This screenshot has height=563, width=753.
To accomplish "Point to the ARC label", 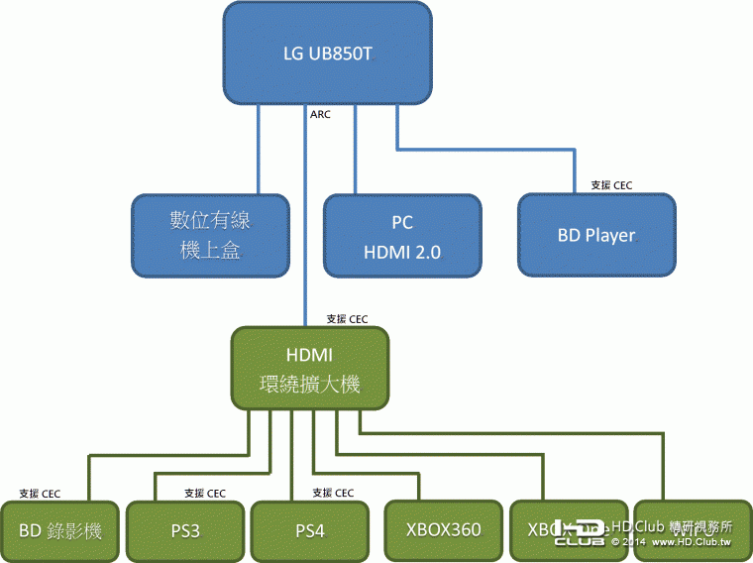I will click(320, 114).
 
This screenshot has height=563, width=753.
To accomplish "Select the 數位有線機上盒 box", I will click(211, 234).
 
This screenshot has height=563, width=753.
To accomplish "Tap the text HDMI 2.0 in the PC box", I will click(402, 253).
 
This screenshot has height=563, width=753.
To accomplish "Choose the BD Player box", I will click(596, 235).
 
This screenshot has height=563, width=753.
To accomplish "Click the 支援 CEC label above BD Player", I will click(610, 184).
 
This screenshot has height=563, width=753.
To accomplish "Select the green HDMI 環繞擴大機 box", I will click(310, 368).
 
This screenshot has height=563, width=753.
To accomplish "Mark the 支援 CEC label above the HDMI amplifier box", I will click(348, 319).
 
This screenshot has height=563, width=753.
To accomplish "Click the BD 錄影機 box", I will click(60, 530).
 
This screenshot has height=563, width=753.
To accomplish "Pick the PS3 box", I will click(185, 530).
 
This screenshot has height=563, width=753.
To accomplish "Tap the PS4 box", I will click(310, 530).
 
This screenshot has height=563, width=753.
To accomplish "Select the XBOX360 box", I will click(443, 530).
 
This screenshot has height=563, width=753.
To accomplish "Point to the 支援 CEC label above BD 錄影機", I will click(41, 493).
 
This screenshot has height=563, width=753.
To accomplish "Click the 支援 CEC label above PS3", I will click(205, 493).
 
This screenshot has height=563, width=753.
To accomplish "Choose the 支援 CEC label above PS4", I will click(333, 493).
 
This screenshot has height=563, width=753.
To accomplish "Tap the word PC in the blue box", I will click(402, 223).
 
